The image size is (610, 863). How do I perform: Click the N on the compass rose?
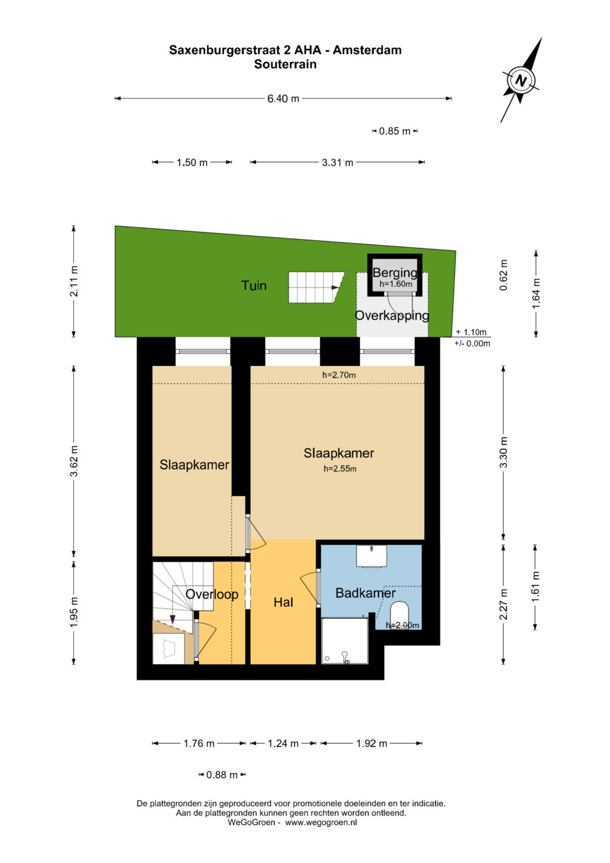click(x=521, y=81)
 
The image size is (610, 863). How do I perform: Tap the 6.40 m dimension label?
click(x=283, y=99)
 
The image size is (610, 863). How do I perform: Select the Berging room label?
click(x=395, y=272)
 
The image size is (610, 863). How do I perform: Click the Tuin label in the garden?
click(x=254, y=285)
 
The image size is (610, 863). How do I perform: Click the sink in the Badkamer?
click(x=372, y=556)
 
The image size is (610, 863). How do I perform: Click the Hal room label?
click(x=284, y=602)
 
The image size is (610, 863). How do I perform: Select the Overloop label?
click(x=212, y=594)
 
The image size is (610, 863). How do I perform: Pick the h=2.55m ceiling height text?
click(x=339, y=469)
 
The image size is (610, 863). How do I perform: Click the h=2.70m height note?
click(x=339, y=375)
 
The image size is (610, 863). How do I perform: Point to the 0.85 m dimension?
click(x=395, y=131)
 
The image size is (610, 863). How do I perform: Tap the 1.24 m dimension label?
click(x=283, y=743)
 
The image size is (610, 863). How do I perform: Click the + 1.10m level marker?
click(x=471, y=332)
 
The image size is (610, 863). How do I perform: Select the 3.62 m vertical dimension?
click(x=74, y=461)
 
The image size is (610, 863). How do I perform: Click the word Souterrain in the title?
click(x=285, y=64)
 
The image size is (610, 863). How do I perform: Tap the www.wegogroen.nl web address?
click(x=321, y=822)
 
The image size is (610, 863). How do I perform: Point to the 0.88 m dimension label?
click(x=222, y=775)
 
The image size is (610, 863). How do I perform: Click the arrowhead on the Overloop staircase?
click(x=173, y=619)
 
